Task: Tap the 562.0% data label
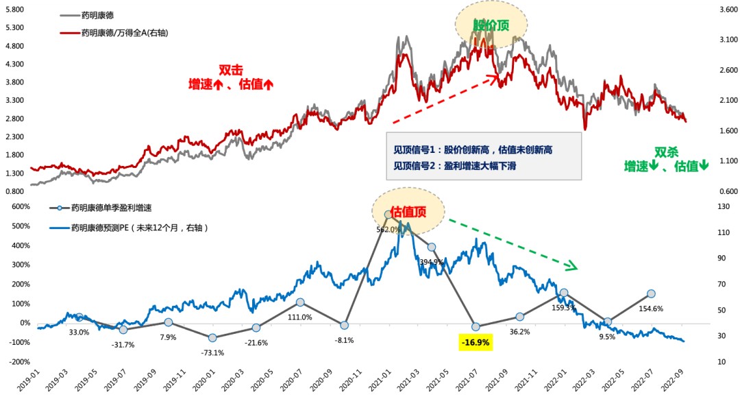pos(388,230)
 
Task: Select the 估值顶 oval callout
pos(408,212)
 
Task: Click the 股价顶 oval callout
pos(491,25)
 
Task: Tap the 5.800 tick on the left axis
pos(14,10)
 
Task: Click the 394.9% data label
pos(432,263)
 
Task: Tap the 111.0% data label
pos(299,317)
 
